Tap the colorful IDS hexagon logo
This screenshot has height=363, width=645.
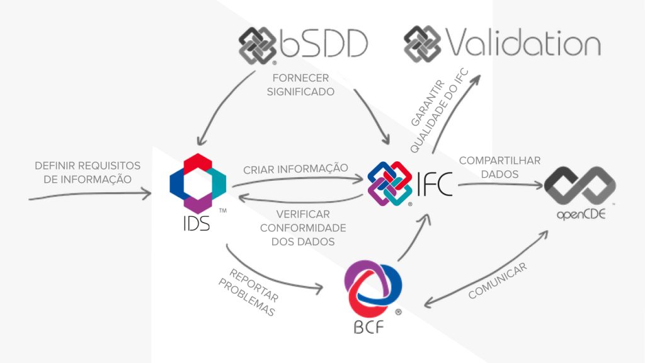[x=197, y=182]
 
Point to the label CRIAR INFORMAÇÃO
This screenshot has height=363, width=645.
[x=295, y=168]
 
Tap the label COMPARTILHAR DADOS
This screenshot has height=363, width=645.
[x=499, y=167]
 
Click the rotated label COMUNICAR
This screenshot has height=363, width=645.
[x=498, y=282]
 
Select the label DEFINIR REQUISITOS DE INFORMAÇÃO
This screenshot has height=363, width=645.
[x=88, y=172]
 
